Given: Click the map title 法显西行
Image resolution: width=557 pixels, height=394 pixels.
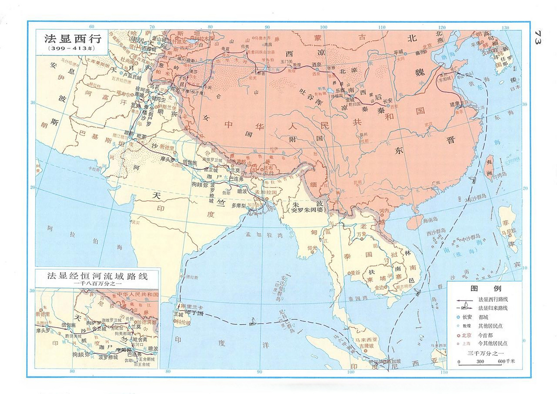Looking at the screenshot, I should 73,39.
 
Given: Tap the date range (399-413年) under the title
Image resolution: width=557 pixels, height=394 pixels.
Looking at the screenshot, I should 72,48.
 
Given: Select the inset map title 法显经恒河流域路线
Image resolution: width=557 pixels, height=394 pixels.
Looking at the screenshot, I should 97,275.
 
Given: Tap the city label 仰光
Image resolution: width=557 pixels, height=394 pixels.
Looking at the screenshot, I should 312,248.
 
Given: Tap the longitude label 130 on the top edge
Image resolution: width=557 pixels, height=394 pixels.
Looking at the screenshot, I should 505,28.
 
